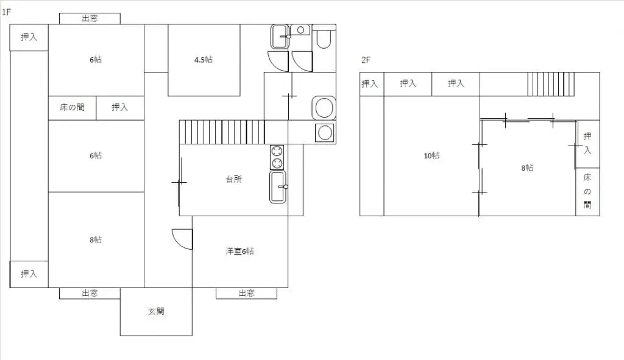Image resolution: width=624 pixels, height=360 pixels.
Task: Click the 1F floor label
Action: (7, 12)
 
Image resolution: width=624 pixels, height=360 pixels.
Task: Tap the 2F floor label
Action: (366, 60)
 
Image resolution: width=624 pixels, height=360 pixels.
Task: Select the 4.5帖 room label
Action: (204, 60)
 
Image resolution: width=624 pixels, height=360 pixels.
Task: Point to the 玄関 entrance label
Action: (156, 311)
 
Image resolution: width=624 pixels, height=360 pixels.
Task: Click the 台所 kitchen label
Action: (234, 180)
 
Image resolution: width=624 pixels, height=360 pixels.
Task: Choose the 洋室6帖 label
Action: (240, 252)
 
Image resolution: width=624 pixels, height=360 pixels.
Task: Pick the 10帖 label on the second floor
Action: (431, 156)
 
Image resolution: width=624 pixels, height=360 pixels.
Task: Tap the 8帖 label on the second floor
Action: (527, 168)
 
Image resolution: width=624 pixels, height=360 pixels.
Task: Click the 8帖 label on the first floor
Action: (96, 239)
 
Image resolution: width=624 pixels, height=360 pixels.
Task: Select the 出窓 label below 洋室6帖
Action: (246, 293)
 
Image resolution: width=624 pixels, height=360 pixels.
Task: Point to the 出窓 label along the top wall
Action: (90, 18)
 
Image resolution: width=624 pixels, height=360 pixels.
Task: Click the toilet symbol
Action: (324, 38)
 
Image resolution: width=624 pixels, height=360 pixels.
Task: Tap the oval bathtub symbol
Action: (324, 108)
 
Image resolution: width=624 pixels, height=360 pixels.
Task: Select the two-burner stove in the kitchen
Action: (277, 157)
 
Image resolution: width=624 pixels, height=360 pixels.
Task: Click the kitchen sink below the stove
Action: (278, 186)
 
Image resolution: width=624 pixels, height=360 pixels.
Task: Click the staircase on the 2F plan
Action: (551, 84)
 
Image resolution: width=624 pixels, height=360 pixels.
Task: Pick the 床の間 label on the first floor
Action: (72, 108)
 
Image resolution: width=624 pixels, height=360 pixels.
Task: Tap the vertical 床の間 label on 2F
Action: (587, 191)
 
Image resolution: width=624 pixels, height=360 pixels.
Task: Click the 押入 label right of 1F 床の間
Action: (119, 108)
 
